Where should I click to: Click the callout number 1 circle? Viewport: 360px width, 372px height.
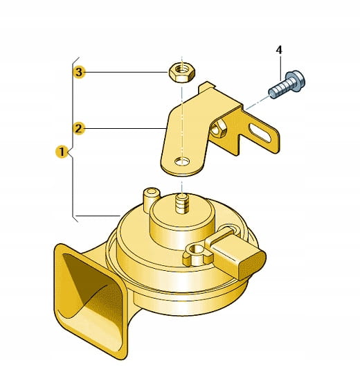point(62,152)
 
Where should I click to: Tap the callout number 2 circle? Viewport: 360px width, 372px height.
point(78,128)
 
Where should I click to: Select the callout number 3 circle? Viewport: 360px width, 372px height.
point(79,72)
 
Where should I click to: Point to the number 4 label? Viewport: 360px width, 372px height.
point(279,50)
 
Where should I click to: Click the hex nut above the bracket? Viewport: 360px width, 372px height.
point(182,72)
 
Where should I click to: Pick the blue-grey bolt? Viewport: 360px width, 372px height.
point(287,85)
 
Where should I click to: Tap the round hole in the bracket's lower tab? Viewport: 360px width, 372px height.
point(182,161)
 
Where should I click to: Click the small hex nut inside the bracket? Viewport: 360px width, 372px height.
point(217,128)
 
